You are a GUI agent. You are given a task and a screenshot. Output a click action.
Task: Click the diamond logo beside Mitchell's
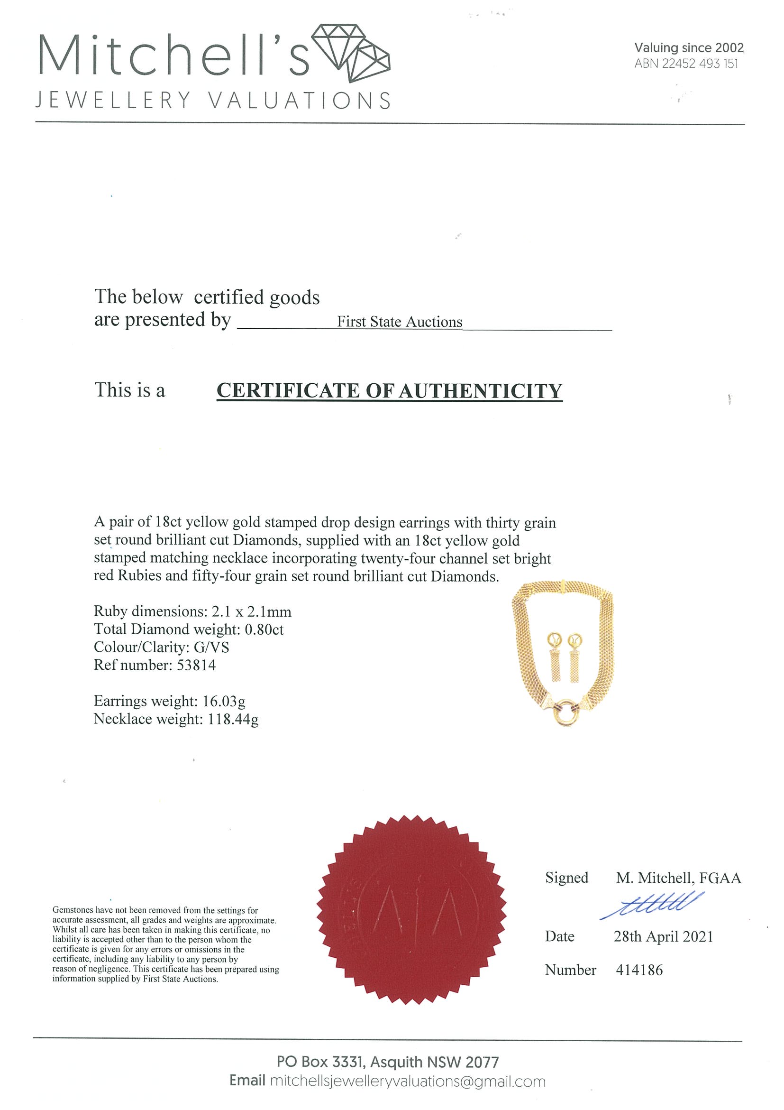point(351,53)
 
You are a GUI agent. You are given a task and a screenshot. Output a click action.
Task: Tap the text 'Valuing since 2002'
point(688,47)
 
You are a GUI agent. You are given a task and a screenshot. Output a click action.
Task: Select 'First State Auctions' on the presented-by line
point(400,322)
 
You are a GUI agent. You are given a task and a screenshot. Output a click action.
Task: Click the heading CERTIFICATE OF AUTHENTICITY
point(389,390)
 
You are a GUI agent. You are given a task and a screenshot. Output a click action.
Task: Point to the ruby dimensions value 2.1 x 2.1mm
point(251,611)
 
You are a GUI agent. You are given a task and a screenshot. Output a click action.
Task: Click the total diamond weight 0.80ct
point(264,629)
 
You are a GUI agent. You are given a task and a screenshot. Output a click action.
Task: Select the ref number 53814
point(196,665)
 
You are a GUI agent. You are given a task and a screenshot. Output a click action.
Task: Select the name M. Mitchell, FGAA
point(678,878)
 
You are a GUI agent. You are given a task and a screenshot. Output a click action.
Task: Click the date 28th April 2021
point(663,937)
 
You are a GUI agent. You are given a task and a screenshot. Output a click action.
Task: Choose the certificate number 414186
point(639,970)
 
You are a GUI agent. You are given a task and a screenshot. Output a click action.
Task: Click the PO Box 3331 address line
point(387,1062)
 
